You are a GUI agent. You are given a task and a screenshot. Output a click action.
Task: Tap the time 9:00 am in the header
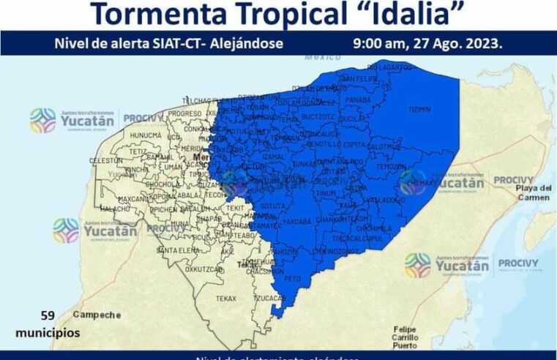(x=381, y=43)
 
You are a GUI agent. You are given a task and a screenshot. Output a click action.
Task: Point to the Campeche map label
(x=97, y=315)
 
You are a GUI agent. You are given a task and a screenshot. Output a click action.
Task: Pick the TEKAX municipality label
(x=226, y=299)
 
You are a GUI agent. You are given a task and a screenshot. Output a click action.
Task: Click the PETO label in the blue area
(x=293, y=280)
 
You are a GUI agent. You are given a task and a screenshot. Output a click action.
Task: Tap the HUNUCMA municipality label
(x=146, y=135)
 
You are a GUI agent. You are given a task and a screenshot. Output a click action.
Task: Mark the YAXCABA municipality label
(x=296, y=221)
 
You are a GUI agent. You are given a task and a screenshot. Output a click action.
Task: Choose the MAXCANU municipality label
(x=133, y=198)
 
